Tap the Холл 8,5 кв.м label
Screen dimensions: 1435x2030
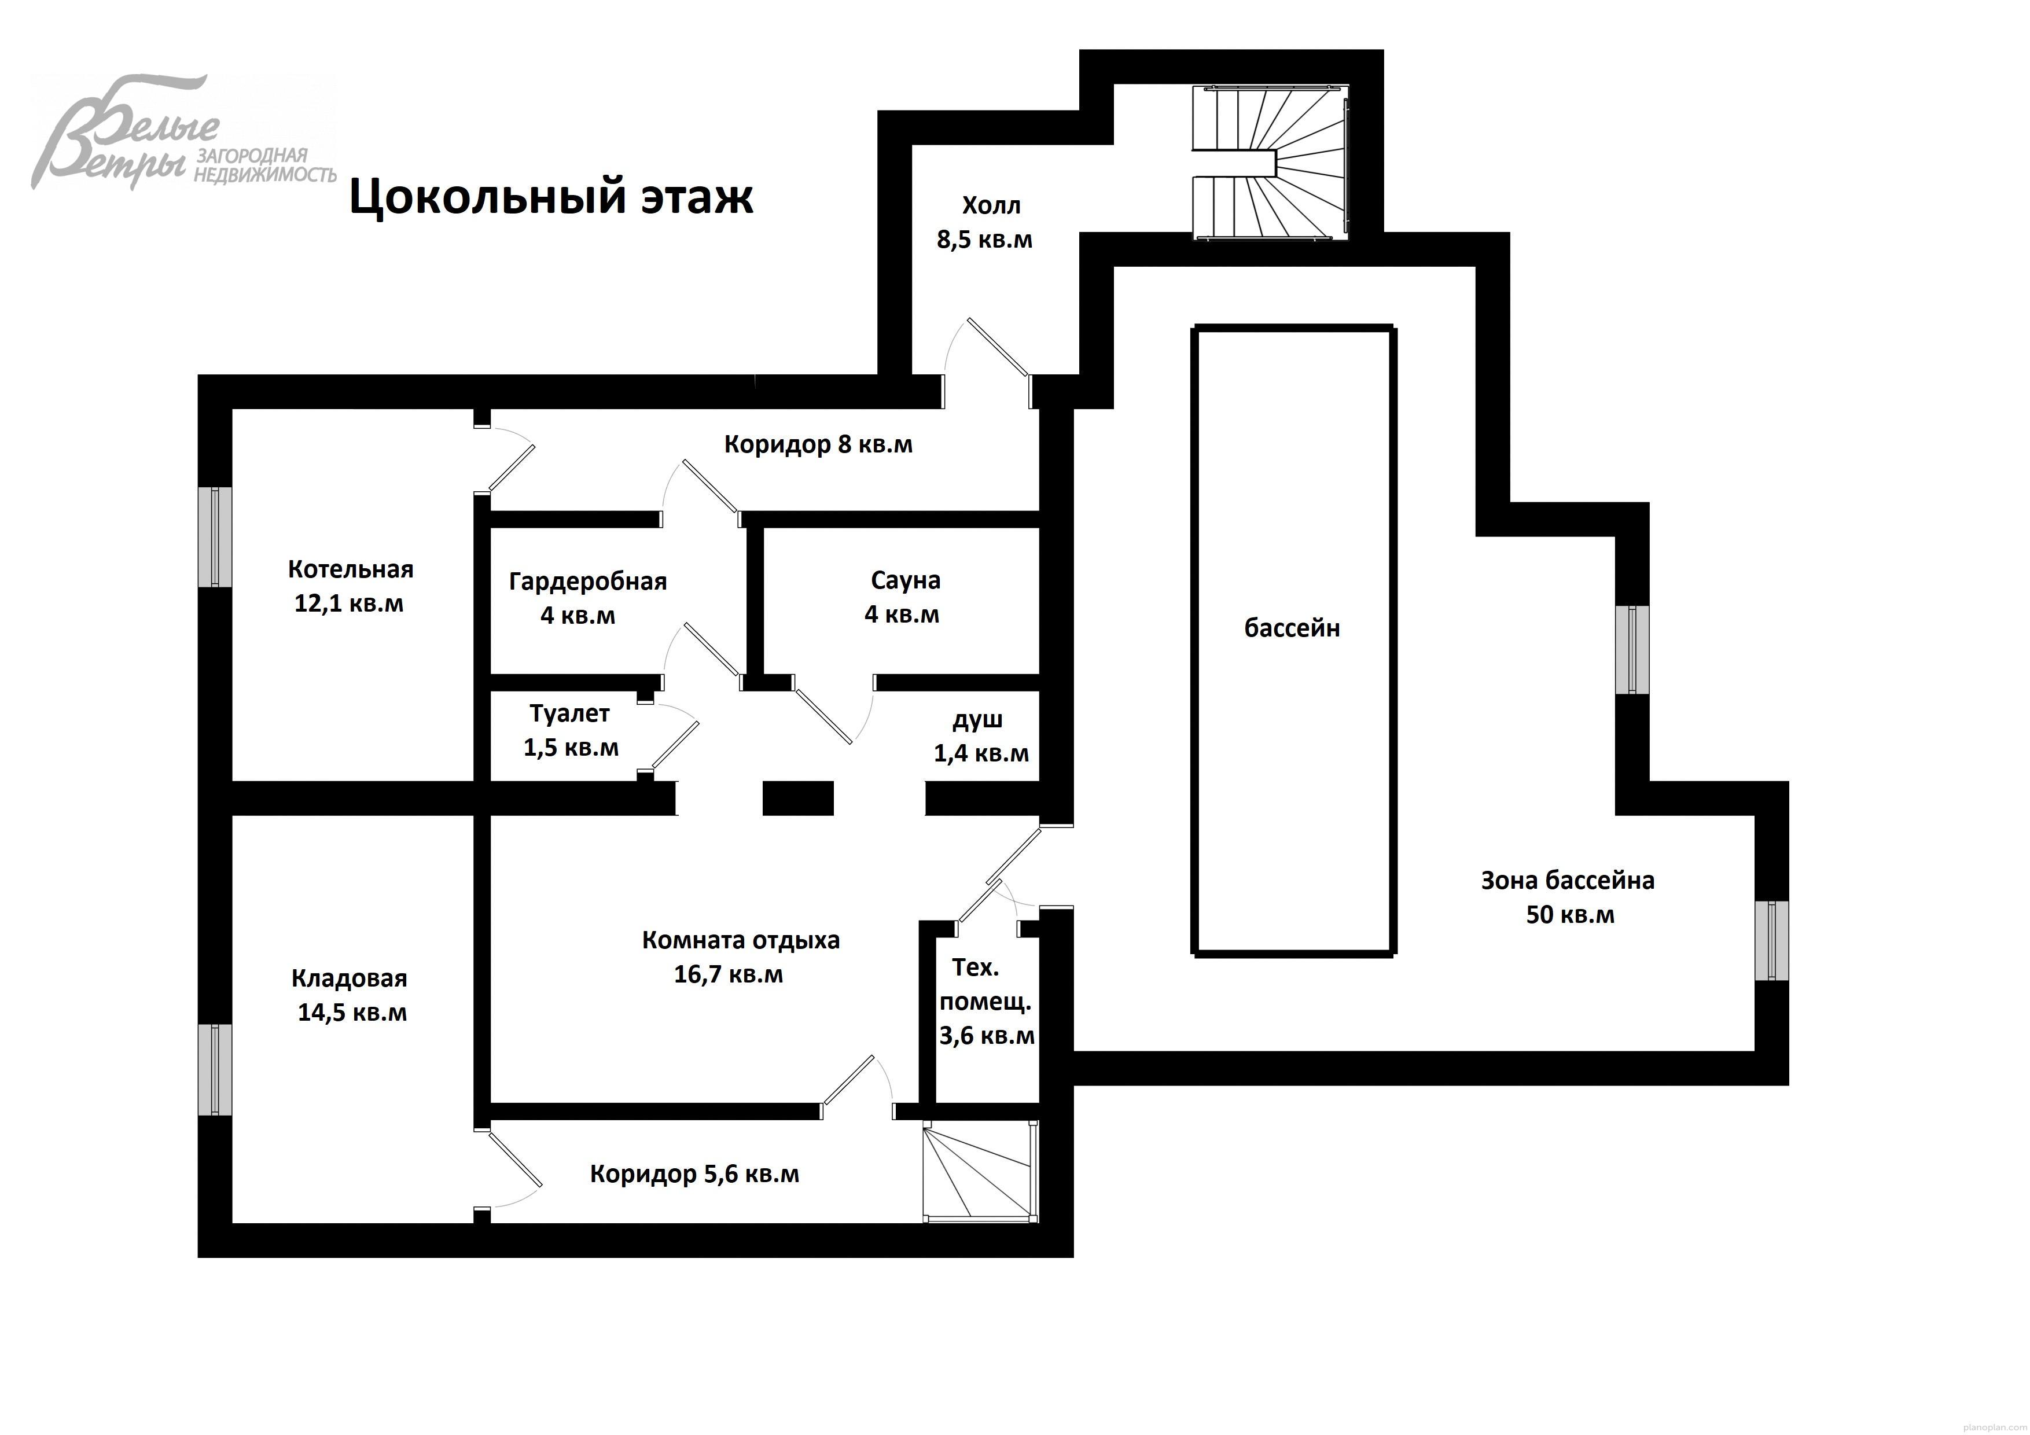pos(985,223)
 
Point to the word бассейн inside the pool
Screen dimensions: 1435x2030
pos(1292,628)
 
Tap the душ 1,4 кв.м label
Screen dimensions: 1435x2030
pos(980,737)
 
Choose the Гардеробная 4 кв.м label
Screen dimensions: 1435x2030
pos(587,598)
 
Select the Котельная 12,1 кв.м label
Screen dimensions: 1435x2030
pos(350,586)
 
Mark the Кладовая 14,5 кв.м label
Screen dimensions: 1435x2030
pos(350,996)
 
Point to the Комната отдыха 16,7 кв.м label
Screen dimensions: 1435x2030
pos(739,956)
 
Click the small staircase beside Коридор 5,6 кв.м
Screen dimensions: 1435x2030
pos(979,1172)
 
